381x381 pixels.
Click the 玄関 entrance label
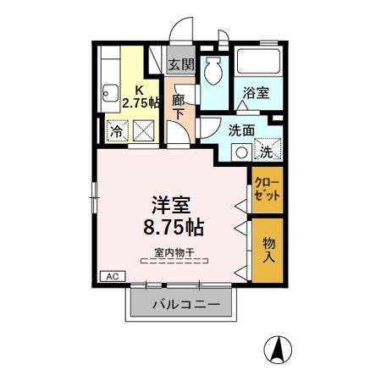[179, 64]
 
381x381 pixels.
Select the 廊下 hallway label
[179, 106]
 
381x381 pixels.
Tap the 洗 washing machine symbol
[266, 152]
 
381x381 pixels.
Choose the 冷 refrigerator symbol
[115, 132]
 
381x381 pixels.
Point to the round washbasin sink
[240, 153]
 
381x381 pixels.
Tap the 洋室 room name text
[171, 205]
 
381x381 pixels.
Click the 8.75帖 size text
[171, 228]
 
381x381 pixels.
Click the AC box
[110, 275]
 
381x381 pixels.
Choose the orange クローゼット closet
[266, 190]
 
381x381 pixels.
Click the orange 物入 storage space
[267, 246]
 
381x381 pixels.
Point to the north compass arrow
[276, 349]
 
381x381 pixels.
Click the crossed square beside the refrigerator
[143, 132]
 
